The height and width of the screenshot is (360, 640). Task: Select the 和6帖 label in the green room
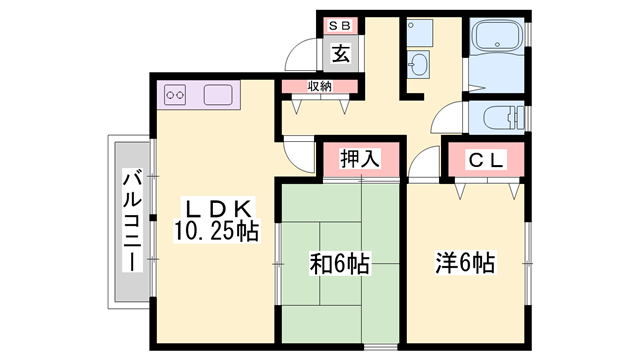tap(339, 265)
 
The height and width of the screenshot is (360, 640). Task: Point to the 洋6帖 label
tap(465, 265)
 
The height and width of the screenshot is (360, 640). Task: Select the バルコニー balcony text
tap(131, 222)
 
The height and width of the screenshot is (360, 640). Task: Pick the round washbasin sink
tap(420, 68)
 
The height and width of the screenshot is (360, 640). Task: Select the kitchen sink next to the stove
tap(217, 97)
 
